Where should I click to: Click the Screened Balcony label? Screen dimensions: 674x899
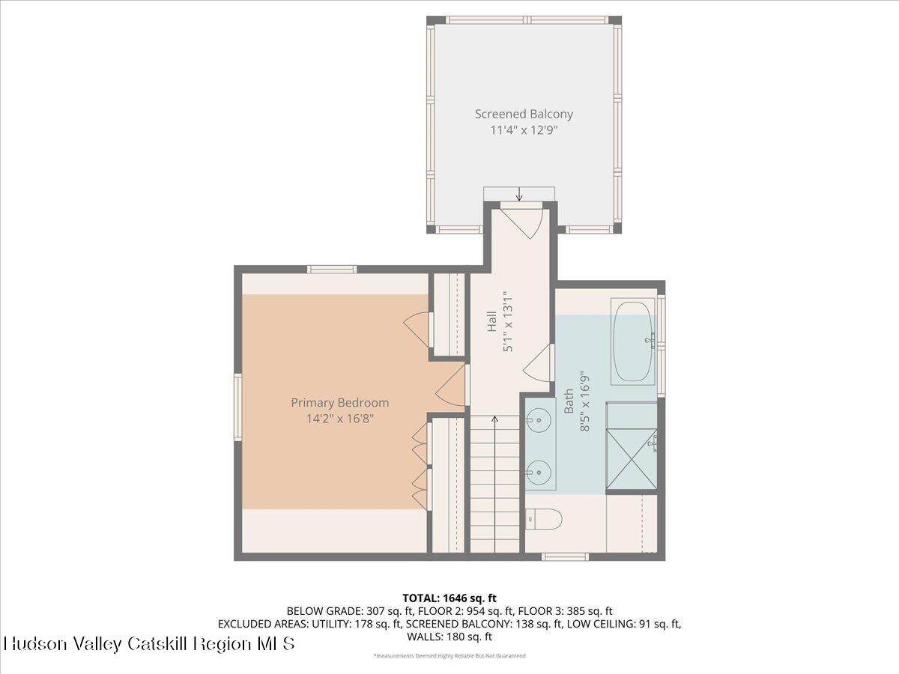point(524,114)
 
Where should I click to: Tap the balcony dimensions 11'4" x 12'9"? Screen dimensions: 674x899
point(524,130)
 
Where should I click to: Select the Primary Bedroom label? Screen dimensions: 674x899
point(339,402)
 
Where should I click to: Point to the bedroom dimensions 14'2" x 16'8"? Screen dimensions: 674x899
point(339,419)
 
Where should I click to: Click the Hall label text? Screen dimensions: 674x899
point(492,322)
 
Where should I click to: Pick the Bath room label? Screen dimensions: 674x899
point(569,400)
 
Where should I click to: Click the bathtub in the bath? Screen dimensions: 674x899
point(633,342)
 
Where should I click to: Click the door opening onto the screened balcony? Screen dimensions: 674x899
point(521,219)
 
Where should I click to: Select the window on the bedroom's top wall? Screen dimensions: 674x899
point(331,269)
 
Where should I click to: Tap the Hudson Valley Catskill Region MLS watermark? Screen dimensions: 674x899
point(150,643)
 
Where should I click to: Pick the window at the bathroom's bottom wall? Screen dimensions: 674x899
point(565,556)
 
